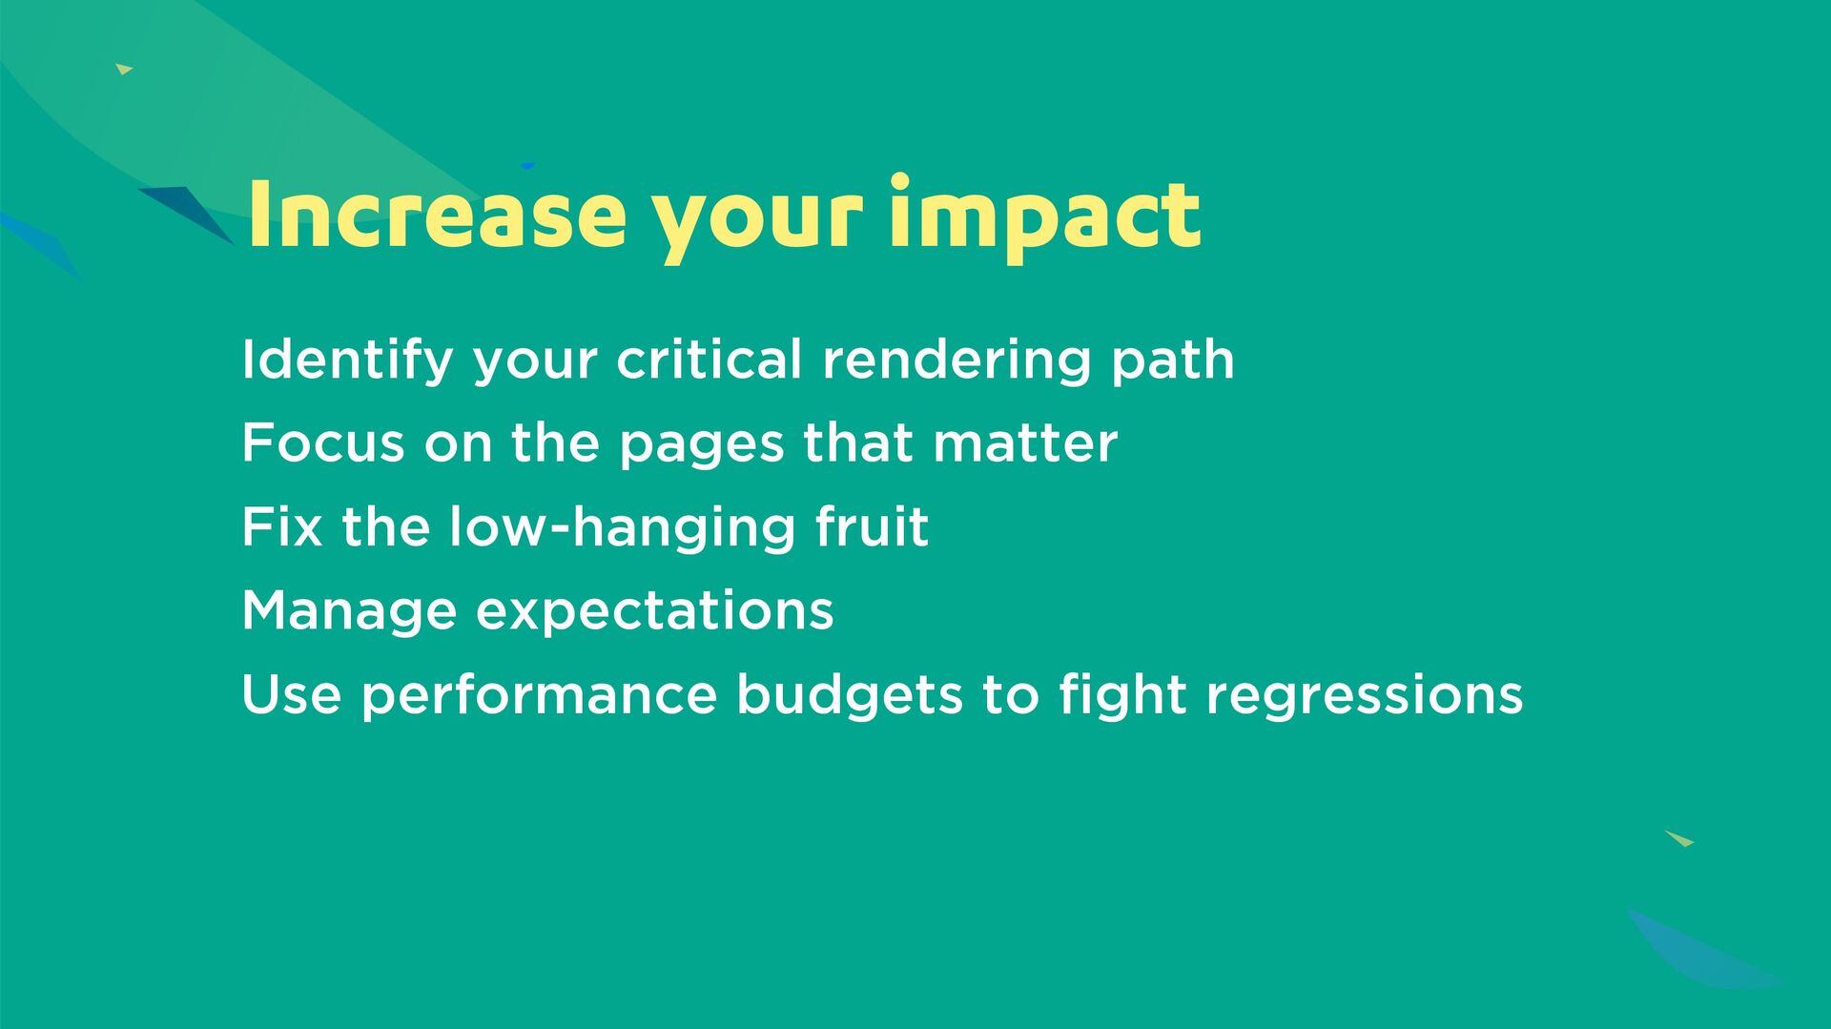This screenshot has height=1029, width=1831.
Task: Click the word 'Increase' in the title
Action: (x=436, y=214)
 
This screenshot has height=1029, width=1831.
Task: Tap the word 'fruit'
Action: (x=872, y=526)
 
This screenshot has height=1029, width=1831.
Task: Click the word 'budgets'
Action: (x=849, y=696)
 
